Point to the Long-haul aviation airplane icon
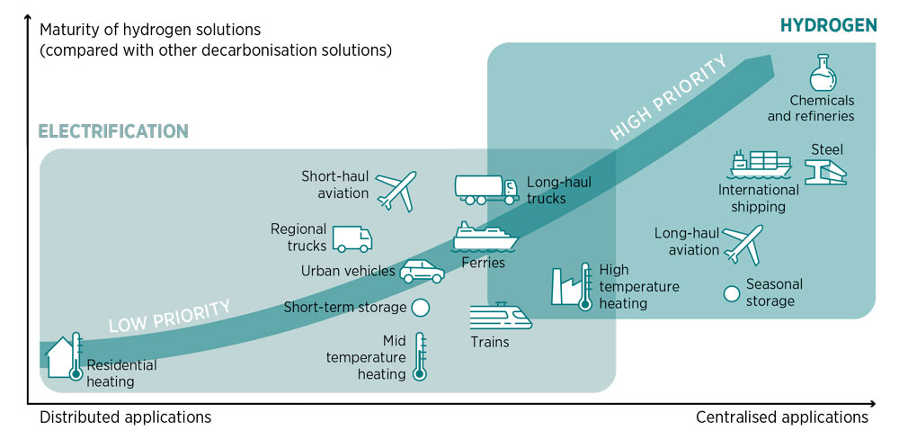743,244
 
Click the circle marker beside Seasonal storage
732,293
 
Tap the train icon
501,318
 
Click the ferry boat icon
485,237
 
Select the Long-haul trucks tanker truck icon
486,190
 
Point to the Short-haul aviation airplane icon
396,191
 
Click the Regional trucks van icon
352,239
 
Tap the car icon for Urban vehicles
422,271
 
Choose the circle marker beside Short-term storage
420,308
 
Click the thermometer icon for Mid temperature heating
420,356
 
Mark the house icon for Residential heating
64,357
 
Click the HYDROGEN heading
829,25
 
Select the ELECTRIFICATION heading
113,130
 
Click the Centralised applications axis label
782,417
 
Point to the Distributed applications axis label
125,417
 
